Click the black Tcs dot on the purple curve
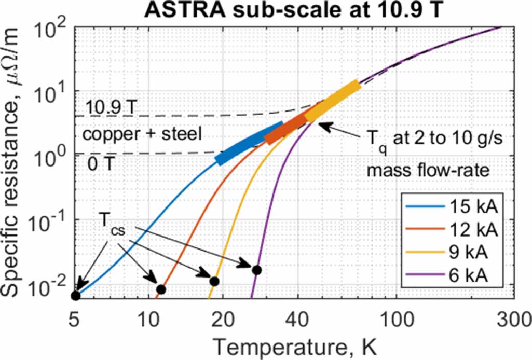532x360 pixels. [256, 270]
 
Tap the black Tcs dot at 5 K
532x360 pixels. [76, 296]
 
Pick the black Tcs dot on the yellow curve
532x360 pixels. [214, 281]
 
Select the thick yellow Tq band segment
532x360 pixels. [332, 102]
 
